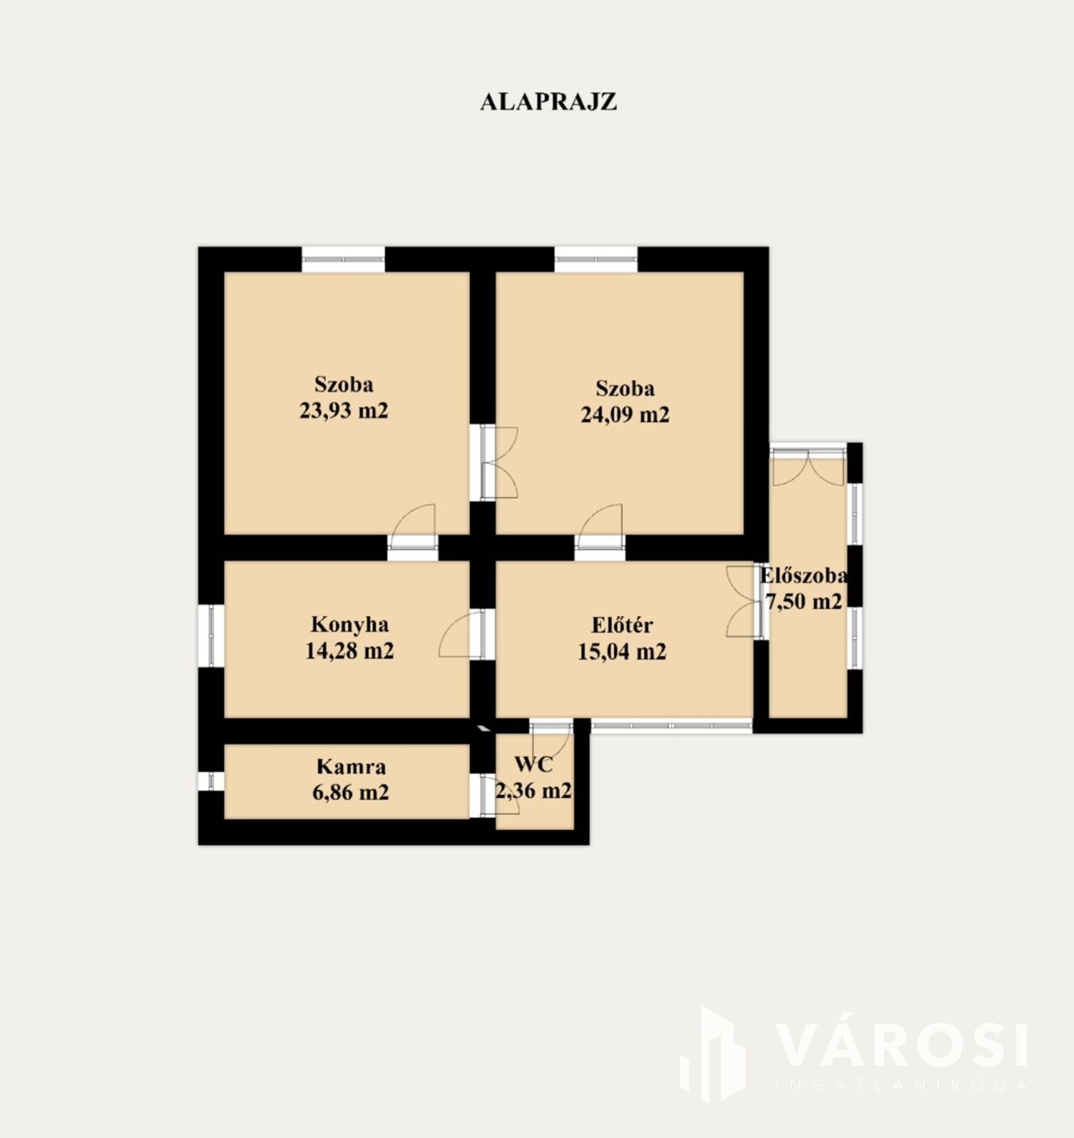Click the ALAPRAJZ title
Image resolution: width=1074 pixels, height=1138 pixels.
(x=548, y=102)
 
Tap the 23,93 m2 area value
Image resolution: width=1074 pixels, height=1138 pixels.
(x=344, y=410)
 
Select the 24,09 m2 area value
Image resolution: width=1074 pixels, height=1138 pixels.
(x=625, y=415)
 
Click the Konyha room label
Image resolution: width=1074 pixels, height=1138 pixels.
(x=350, y=624)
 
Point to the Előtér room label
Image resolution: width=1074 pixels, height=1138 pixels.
(x=622, y=624)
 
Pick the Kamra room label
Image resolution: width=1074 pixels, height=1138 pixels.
(x=352, y=767)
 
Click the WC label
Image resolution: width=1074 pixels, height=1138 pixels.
(x=534, y=765)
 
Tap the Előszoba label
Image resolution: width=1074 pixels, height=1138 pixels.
(x=804, y=576)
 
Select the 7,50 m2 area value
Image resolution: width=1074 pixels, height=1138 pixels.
(x=804, y=602)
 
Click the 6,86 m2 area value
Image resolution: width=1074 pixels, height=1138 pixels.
(x=351, y=792)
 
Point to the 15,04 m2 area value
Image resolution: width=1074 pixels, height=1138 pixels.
(x=622, y=652)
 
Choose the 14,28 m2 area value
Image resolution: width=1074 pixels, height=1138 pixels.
(x=350, y=651)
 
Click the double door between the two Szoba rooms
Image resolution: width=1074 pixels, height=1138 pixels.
(x=494, y=462)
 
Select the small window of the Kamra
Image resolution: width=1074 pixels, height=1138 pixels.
(x=211, y=781)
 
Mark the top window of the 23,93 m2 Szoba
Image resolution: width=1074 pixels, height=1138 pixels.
(x=343, y=259)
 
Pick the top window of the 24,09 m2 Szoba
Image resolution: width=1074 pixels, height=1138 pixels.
(x=596, y=259)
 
